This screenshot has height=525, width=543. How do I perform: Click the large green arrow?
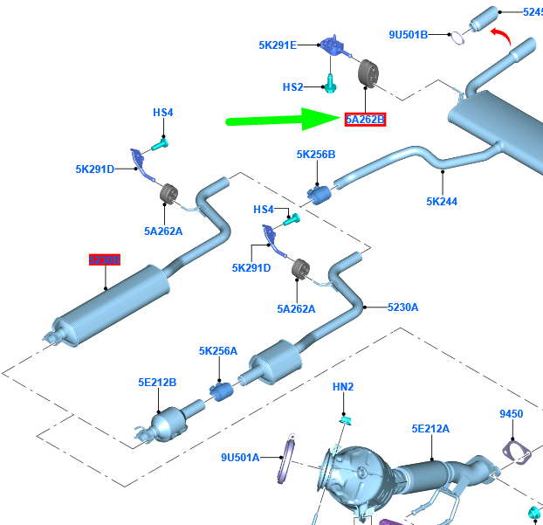(279, 120)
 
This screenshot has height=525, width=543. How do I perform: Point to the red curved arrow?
(503, 34)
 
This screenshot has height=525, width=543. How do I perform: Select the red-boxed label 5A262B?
(365, 120)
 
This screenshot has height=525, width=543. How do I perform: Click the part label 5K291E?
(278, 45)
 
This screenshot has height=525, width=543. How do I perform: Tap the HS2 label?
(292, 87)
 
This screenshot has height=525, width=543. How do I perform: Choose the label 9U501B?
(409, 35)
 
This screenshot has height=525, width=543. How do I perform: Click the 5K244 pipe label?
(442, 201)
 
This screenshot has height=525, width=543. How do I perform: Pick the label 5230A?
(403, 307)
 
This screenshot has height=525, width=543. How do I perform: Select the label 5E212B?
(157, 382)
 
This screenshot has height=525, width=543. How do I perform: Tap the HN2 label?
(343, 386)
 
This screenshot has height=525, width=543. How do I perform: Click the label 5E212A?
(431, 428)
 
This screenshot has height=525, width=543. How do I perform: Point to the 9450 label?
(512, 414)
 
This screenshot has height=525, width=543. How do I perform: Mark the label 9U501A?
(240, 457)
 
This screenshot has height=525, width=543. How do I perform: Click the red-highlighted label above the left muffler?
(104, 260)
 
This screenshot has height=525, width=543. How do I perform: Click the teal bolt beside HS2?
(331, 84)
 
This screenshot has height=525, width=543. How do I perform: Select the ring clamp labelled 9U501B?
(457, 36)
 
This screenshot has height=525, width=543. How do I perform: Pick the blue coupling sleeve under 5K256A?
(221, 389)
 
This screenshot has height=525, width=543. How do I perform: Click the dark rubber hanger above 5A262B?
(368, 73)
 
